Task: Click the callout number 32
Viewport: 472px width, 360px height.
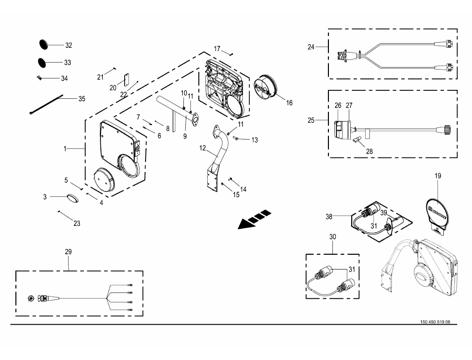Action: pyautogui.click(x=69, y=45)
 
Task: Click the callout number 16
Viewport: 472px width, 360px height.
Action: pyautogui.click(x=289, y=103)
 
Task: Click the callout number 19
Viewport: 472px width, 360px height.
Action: pyautogui.click(x=438, y=176)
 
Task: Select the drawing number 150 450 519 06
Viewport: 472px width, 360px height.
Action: pyautogui.click(x=434, y=322)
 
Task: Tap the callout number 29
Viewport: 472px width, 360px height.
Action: pyautogui.click(x=69, y=252)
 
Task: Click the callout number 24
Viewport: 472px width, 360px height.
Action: pyautogui.click(x=311, y=47)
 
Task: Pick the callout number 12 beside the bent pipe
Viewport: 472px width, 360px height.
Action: pyautogui.click(x=203, y=147)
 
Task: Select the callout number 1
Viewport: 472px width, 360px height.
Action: pyautogui.click(x=65, y=148)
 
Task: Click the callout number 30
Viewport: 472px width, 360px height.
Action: pyautogui.click(x=332, y=237)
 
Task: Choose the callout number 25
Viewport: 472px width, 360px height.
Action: pyautogui.click(x=311, y=120)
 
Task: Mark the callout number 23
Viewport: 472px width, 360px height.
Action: pyautogui.click(x=77, y=223)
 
